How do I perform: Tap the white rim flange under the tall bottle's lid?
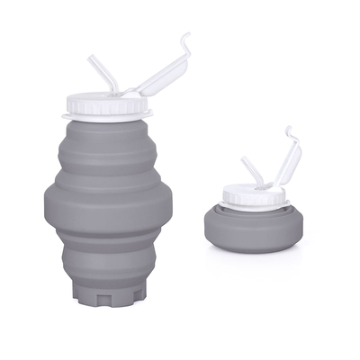105,117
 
